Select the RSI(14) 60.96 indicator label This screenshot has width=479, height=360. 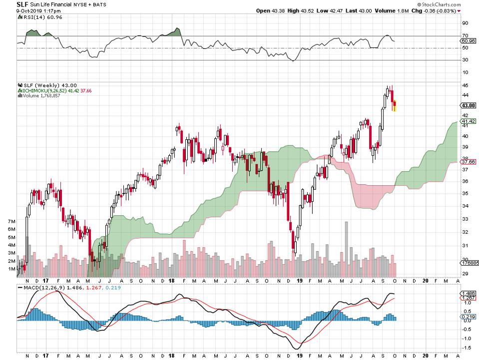35,17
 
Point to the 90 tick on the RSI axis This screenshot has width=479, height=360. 465,23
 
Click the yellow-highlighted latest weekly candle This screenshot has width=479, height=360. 395,106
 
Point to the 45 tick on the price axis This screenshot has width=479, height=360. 465,85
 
